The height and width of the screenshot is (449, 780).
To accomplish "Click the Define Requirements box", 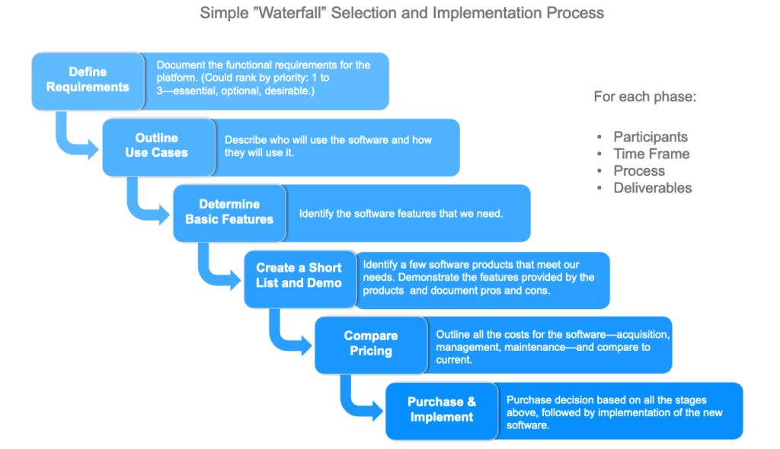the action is (x=88, y=81).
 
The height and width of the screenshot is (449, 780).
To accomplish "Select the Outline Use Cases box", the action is (x=158, y=147).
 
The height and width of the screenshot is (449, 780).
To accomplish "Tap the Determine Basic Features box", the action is (x=229, y=213).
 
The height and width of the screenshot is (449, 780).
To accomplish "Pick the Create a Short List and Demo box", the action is (x=300, y=279).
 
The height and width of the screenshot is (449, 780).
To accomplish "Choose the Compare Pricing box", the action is (x=371, y=345).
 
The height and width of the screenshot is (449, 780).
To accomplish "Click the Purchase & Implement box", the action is (x=442, y=411).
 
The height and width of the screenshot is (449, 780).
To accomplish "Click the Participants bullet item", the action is (x=651, y=137).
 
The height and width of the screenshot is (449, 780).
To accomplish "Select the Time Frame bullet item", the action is (x=652, y=154).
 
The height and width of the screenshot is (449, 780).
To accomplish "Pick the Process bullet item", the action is (x=639, y=170).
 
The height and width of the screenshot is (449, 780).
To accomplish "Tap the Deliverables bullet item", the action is (x=653, y=187).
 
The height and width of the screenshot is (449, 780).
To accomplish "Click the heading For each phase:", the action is (x=645, y=97).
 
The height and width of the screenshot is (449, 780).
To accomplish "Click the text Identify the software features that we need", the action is (x=401, y=214).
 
